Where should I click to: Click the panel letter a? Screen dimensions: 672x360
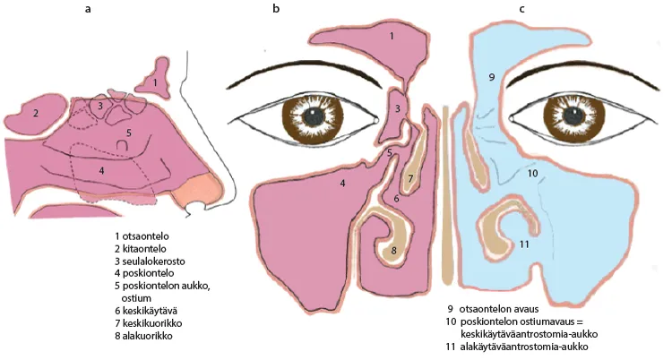tap(88, 9)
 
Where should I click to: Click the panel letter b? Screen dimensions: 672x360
tap(276, 8)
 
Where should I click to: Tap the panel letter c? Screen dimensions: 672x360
tap(522, 9)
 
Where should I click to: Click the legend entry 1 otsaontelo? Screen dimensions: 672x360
tap(142, 236)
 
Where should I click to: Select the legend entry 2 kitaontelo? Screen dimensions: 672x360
tap(140, 249)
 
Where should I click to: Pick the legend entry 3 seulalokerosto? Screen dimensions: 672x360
tap(150, 261)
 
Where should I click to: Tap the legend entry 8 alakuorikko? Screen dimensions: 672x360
tap(143, 336)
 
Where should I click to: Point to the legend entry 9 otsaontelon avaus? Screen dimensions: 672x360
tap(493, 309)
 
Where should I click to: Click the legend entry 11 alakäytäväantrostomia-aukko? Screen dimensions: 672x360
tap(517, 347)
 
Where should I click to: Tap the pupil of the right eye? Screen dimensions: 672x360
tap(573, 116)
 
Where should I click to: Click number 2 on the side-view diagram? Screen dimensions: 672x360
tap(36, 114)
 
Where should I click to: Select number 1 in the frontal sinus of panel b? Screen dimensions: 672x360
tap(392, 37)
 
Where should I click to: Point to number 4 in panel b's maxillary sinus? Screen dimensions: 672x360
tap(342, 184)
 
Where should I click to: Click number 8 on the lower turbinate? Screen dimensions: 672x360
tap(393, 250)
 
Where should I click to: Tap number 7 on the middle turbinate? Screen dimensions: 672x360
tap(410, 178)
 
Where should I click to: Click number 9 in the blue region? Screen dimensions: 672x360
tap(492, 77)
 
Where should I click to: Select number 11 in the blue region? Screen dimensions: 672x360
tap(524, 244)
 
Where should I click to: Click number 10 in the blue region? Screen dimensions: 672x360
tap(532, 174)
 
